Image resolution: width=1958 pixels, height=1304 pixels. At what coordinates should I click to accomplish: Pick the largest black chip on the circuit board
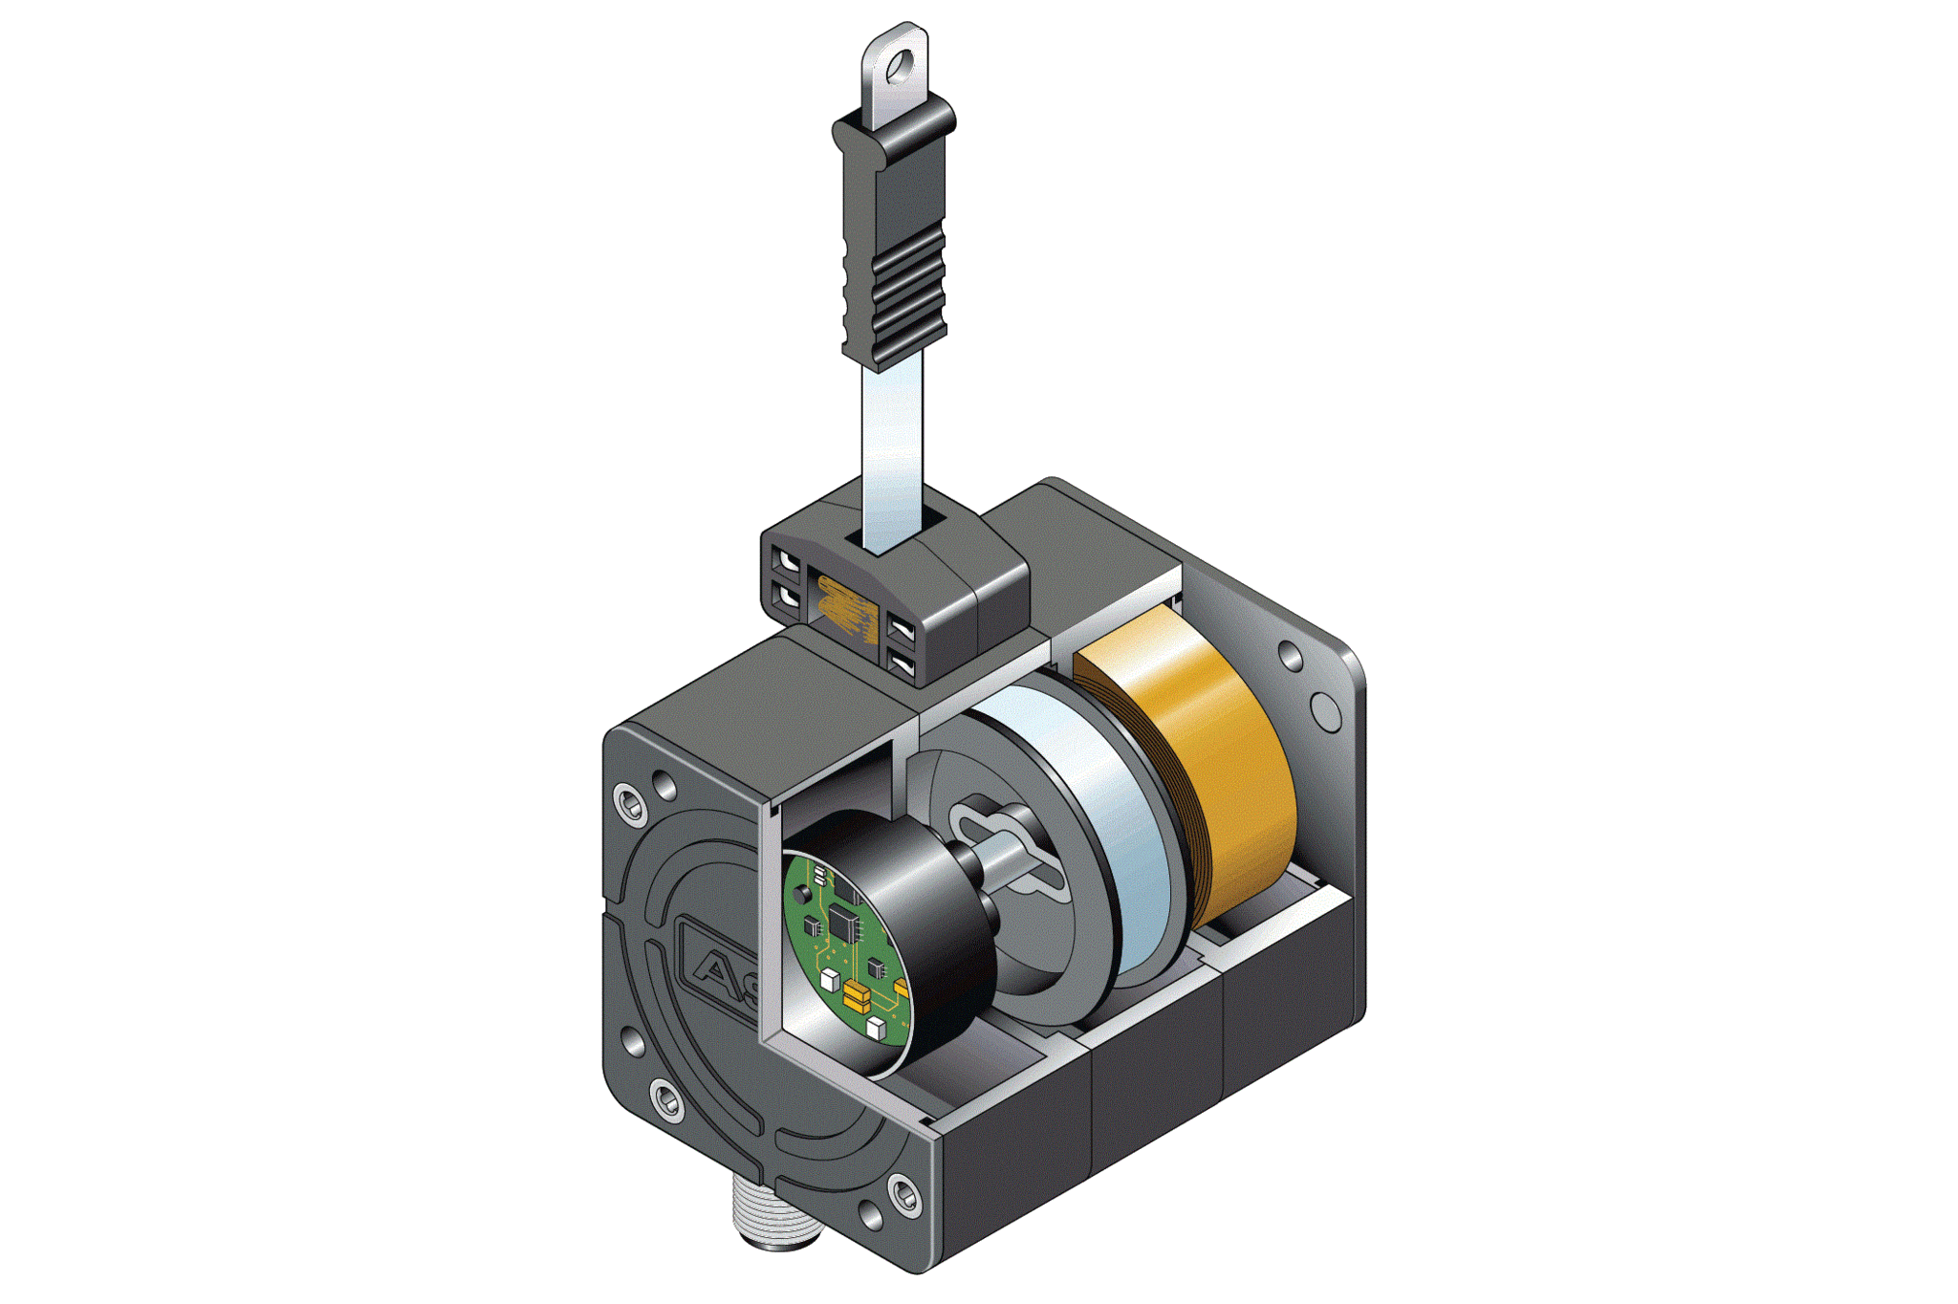[x=844, y=923]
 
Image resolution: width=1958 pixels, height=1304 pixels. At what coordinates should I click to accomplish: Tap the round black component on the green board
[x=801, y=895]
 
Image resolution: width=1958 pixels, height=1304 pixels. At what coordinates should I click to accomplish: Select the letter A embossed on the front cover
[x=713, y=970]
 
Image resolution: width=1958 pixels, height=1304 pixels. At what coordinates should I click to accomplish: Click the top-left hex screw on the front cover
[x=630, y=801]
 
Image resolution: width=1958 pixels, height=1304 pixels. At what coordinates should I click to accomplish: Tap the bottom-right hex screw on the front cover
[x=903, y=1194]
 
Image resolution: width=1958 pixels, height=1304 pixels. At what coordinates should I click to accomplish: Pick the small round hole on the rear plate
[x=1291, y=657]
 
